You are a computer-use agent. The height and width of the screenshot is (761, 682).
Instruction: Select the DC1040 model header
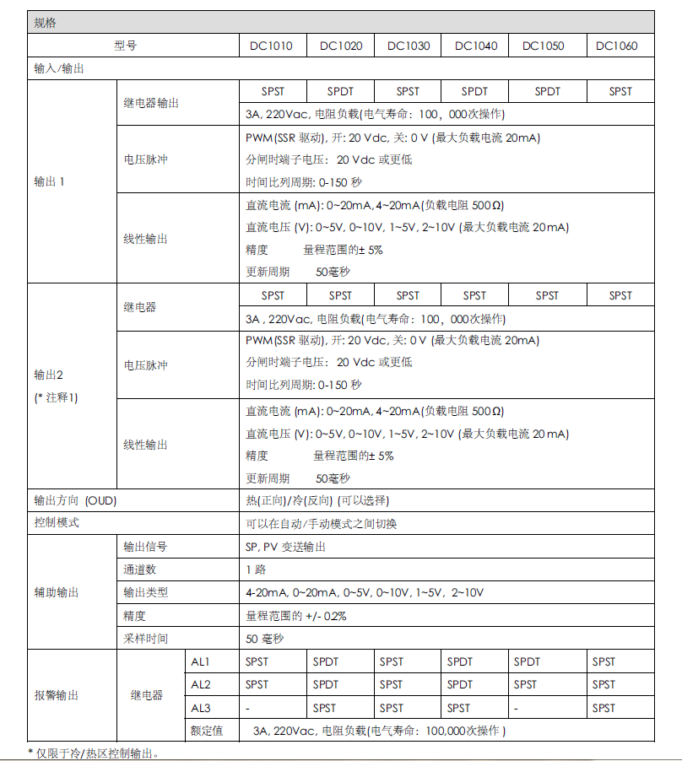tap(475, 46)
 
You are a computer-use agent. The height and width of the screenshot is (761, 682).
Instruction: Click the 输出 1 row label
tap(49, 181)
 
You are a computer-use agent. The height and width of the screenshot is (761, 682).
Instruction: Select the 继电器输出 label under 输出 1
tap(151, 103)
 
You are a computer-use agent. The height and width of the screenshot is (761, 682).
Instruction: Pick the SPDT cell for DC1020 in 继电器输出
tap(340, 91)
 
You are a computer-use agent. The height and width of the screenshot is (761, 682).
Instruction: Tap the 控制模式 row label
tap(57, 523)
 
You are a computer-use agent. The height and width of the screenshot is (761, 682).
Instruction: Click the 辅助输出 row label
tap(57, 593)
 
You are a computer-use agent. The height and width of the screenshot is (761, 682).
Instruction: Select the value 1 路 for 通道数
tap(256, 569)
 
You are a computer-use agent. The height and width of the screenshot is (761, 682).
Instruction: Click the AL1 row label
tap(200, 661)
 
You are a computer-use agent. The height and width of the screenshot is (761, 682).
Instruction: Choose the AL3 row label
tap(200, 708)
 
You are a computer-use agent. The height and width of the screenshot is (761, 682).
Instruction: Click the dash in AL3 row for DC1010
tap(247, 708)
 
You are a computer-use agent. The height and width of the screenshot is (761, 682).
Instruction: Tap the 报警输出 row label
tap(57, 696)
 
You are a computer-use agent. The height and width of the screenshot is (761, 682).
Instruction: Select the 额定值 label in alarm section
tap(207, 731)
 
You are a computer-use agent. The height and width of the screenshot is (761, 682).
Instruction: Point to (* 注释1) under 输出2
tap(56, 397)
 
